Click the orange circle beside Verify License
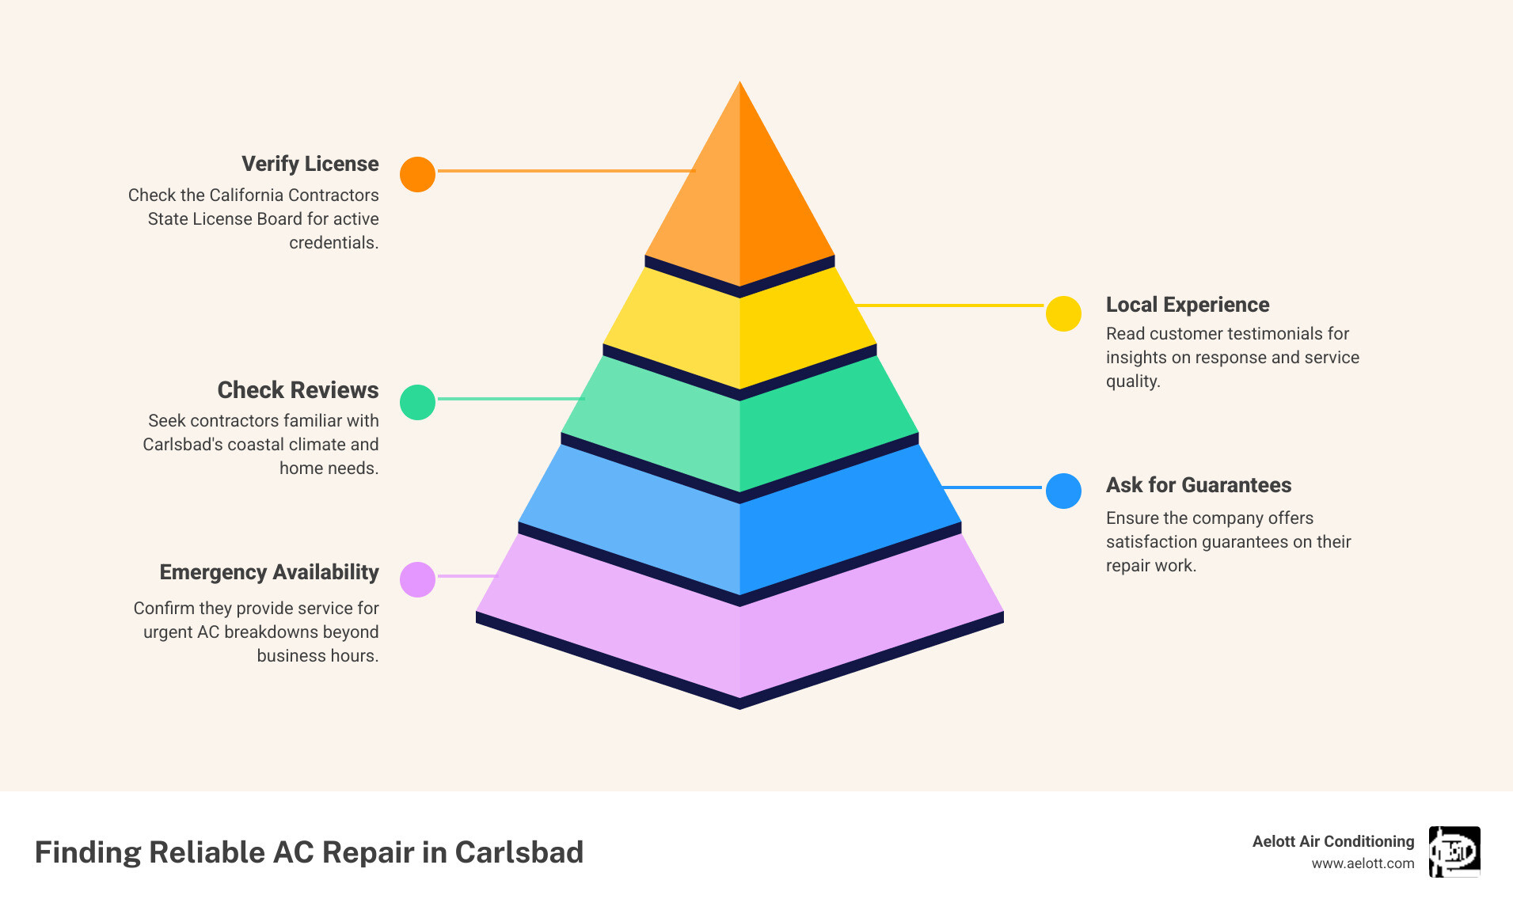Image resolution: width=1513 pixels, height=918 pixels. click(417, 174)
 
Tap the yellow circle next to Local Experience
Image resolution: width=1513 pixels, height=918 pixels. click(1063, 313)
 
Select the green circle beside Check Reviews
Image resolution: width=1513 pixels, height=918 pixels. click(417, 402)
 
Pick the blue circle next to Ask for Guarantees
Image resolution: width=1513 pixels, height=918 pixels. click(1063, 491)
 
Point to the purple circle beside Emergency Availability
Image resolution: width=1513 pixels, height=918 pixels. click(417, 579)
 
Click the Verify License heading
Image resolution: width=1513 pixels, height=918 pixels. click(310, 164)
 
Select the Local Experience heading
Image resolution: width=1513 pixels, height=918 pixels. click(1187, 305)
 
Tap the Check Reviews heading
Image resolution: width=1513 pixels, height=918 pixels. click(298, 390)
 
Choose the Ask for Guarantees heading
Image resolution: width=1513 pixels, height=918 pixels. click(1198, 485)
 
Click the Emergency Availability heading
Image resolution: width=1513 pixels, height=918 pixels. click(269, 572)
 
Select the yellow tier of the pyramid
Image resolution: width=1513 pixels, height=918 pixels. click(739, 332)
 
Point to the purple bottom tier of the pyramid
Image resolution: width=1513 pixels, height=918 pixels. click(739, 633)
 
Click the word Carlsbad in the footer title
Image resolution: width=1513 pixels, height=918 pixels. click(519, 852)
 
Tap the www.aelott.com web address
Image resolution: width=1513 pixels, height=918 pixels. click(1363, 863)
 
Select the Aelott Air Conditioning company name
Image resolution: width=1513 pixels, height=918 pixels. click(1332, 841)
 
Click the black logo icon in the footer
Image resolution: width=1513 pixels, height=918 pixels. click(1454, 852)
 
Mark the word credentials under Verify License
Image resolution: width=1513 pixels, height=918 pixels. click(333, 243)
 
